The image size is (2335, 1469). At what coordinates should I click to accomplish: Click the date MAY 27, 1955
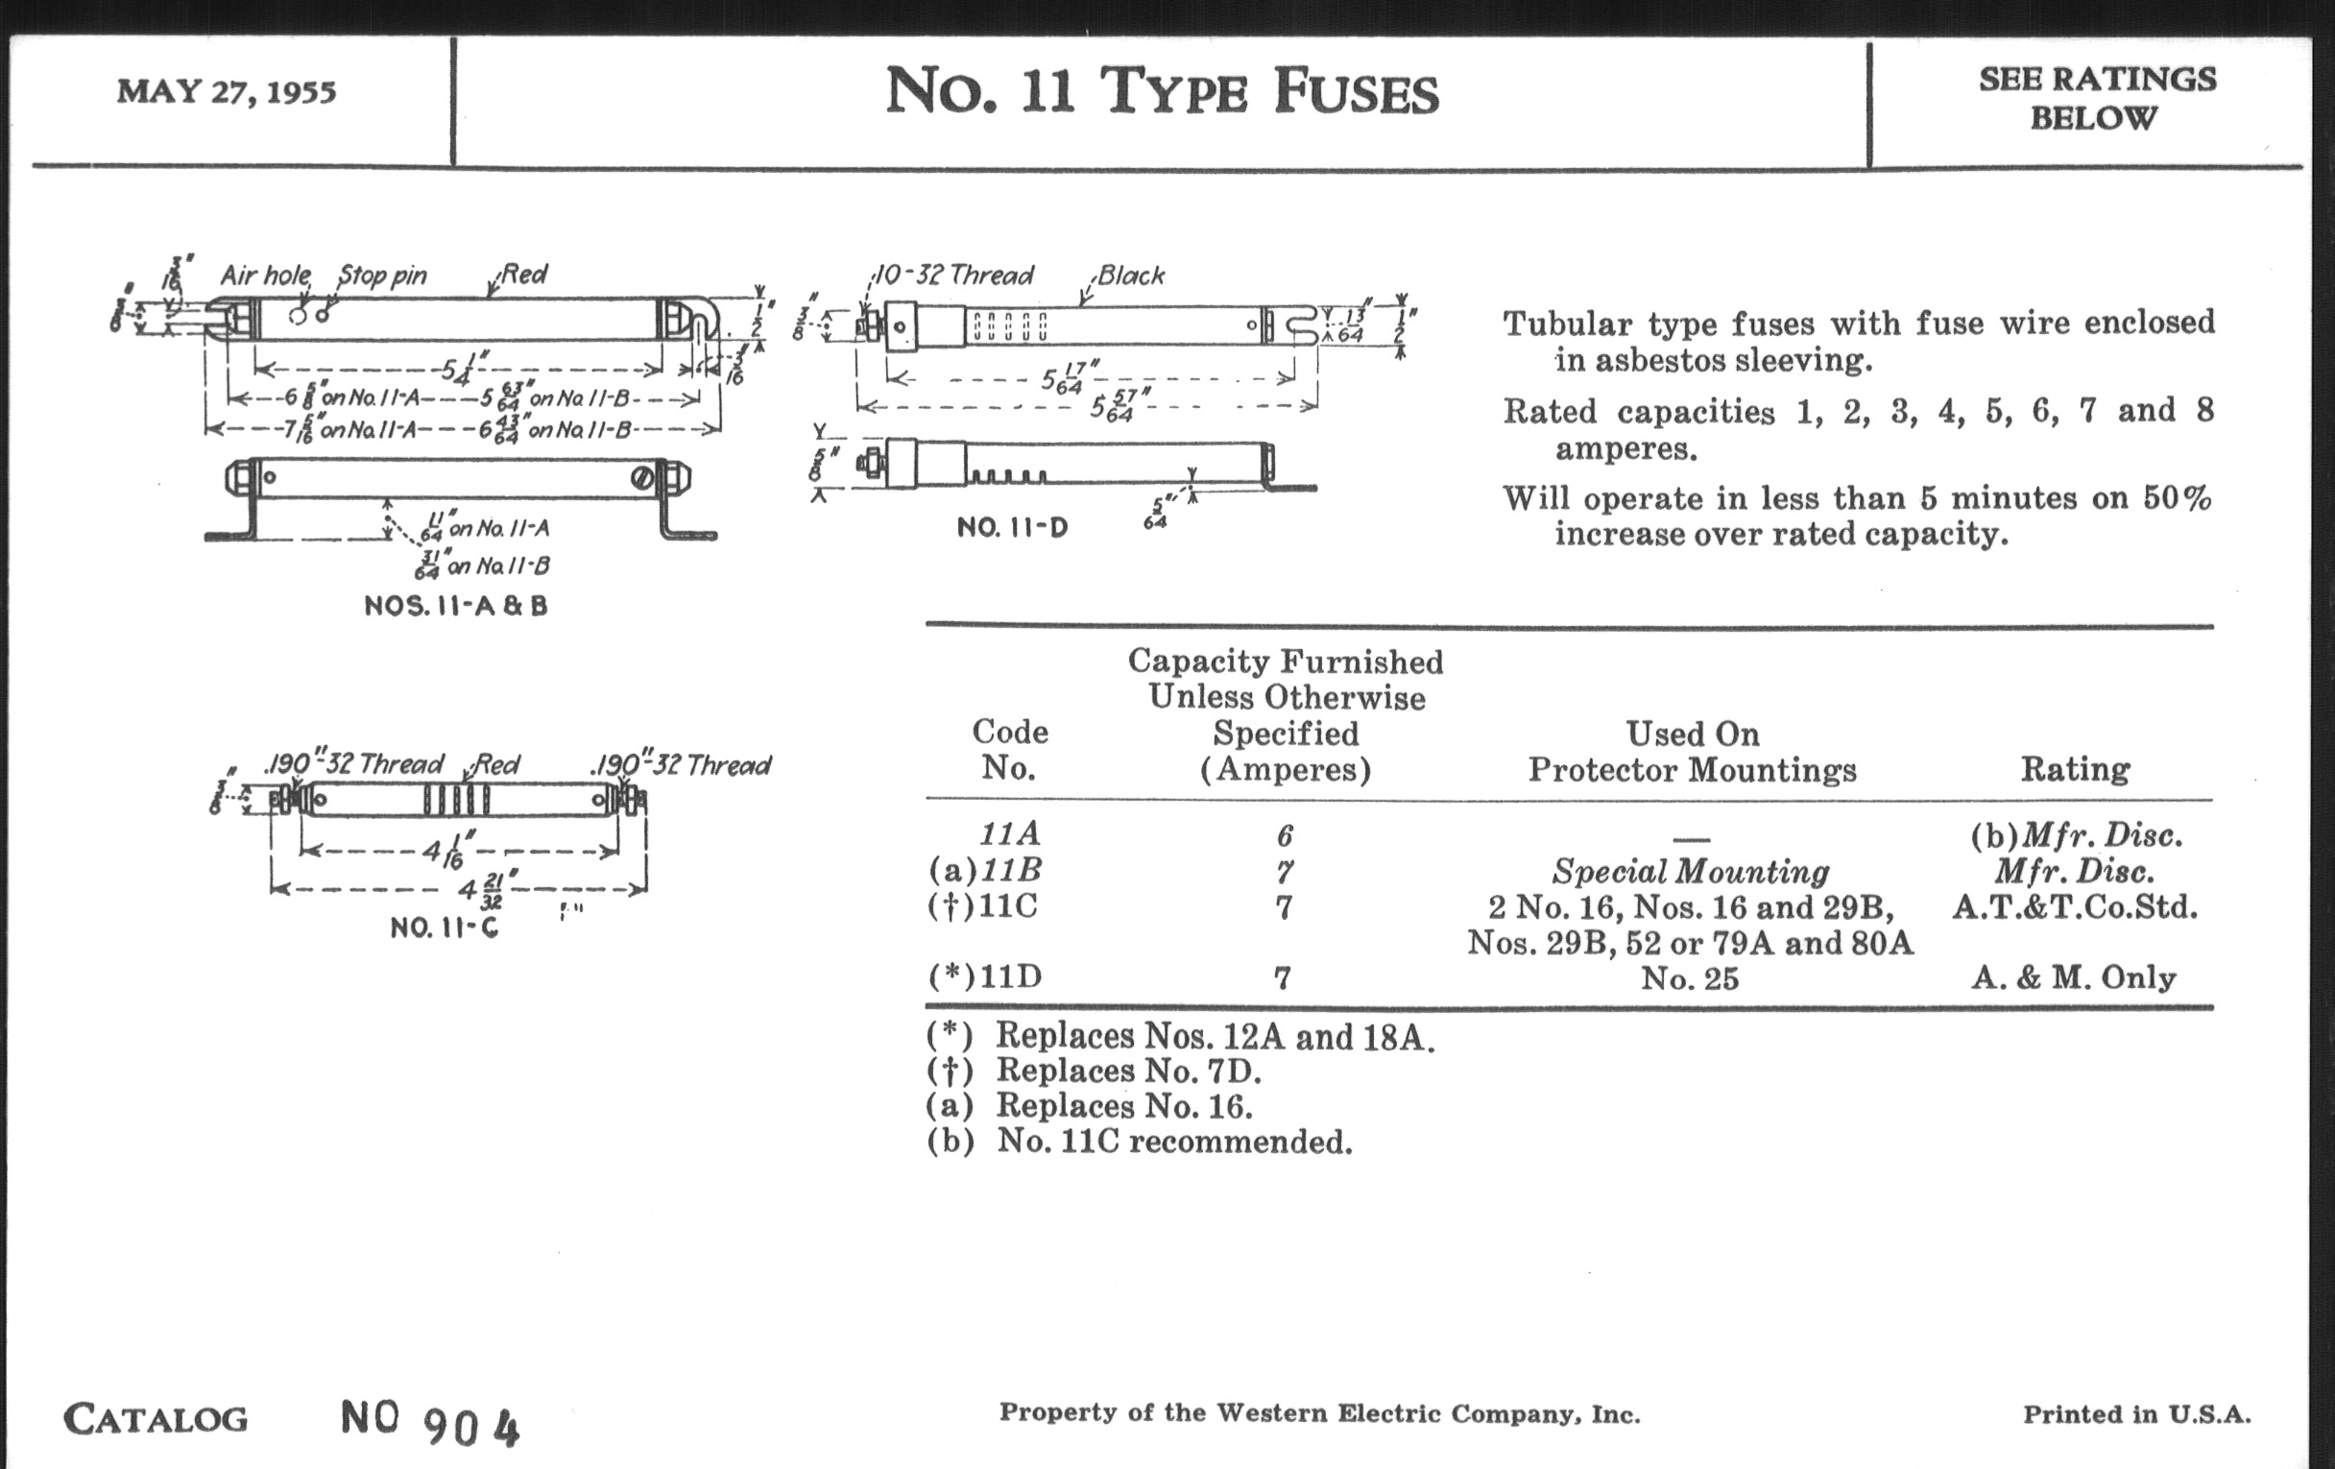(226, 92)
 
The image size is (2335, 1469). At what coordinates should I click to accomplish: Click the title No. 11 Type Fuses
(1162, 92)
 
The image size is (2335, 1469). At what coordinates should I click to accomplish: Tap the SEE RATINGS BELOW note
(2097, 98)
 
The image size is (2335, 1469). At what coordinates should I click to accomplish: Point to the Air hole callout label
(265, 276)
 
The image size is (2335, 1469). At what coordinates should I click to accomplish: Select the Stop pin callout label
(382, 276)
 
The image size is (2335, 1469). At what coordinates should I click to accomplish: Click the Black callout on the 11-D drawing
(1131, 277)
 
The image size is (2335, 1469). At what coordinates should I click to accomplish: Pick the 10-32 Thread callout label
(954, 276)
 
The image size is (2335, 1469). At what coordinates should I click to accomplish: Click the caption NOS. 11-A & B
(456, 606)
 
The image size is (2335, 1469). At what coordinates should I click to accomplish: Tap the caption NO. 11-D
(1011, 527)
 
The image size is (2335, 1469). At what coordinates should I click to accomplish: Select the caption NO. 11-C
(445, 927)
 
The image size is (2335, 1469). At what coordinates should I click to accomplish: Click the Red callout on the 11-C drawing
(496, 765)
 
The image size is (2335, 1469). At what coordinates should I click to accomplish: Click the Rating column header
(2075, 769)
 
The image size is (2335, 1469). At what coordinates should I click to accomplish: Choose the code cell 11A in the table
(1009, 834)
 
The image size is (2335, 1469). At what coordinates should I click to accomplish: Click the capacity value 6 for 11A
(1285, 836)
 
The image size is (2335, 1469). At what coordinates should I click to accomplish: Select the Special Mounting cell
(1691, 872)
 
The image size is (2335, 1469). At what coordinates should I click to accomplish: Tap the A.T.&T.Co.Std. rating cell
(2074, 907)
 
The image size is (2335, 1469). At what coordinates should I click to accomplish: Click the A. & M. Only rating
(2073, 977)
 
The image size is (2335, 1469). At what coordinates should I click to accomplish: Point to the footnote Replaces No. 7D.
(1128, 1072)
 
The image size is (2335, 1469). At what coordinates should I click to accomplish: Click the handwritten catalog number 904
(472, 1427)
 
